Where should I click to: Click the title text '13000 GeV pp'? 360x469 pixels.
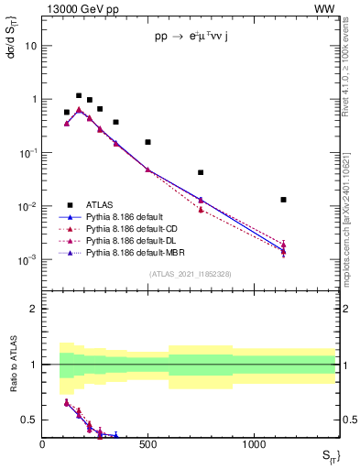tap(73, 8)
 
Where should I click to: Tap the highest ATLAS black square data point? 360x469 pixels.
tap(79, 95)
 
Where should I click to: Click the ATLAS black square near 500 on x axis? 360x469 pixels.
tap(147, 142)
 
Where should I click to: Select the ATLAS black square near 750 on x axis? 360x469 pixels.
tap(201, 172)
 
